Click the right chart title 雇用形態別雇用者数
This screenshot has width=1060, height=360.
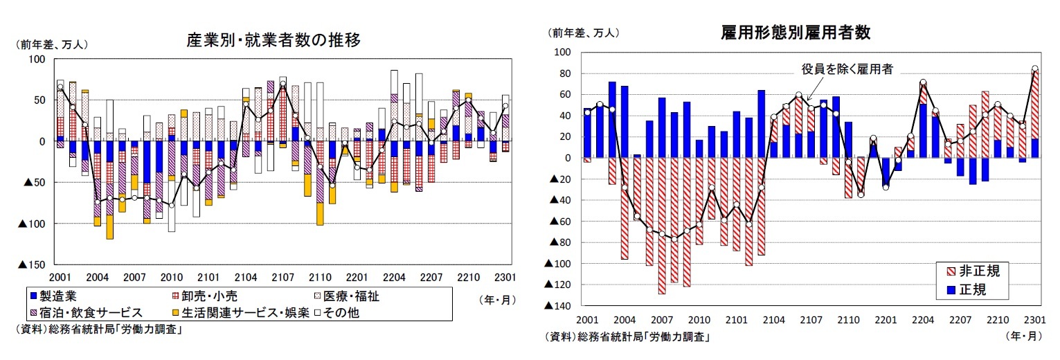tap(795, 33)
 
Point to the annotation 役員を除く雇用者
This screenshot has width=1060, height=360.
tap(847, 69)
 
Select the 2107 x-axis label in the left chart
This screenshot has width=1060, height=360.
tap(282, 278)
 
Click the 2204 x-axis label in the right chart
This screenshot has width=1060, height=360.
tap(922, 320)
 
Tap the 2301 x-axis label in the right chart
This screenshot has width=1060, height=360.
tap(1034, 320)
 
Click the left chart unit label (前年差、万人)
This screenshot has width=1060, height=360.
tap(51, 44)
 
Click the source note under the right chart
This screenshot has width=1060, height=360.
tap(629, 337)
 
